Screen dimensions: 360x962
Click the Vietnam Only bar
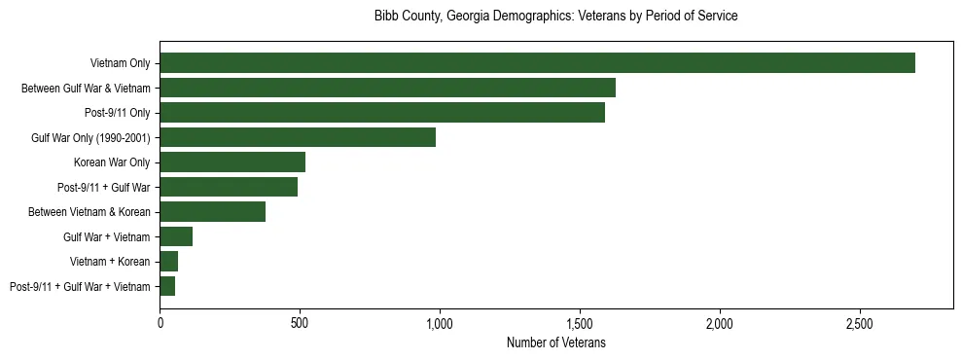537,63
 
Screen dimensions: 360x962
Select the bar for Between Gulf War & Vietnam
387,88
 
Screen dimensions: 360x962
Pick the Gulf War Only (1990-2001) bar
298,137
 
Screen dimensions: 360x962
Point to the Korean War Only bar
232,162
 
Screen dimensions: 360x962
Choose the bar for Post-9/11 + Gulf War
229,187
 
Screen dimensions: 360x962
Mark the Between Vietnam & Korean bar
212,212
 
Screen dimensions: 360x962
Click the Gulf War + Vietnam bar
176,236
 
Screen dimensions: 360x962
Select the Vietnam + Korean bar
169,262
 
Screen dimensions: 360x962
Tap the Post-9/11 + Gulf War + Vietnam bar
167,286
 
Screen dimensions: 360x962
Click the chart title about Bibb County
556,17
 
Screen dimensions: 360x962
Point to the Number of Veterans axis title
556,342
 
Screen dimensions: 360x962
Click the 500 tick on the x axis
300,322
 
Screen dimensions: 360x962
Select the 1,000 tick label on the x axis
440,322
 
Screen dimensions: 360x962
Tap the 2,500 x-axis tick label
860,322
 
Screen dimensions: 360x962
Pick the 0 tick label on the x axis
160,322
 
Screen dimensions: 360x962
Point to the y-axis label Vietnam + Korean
110,262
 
